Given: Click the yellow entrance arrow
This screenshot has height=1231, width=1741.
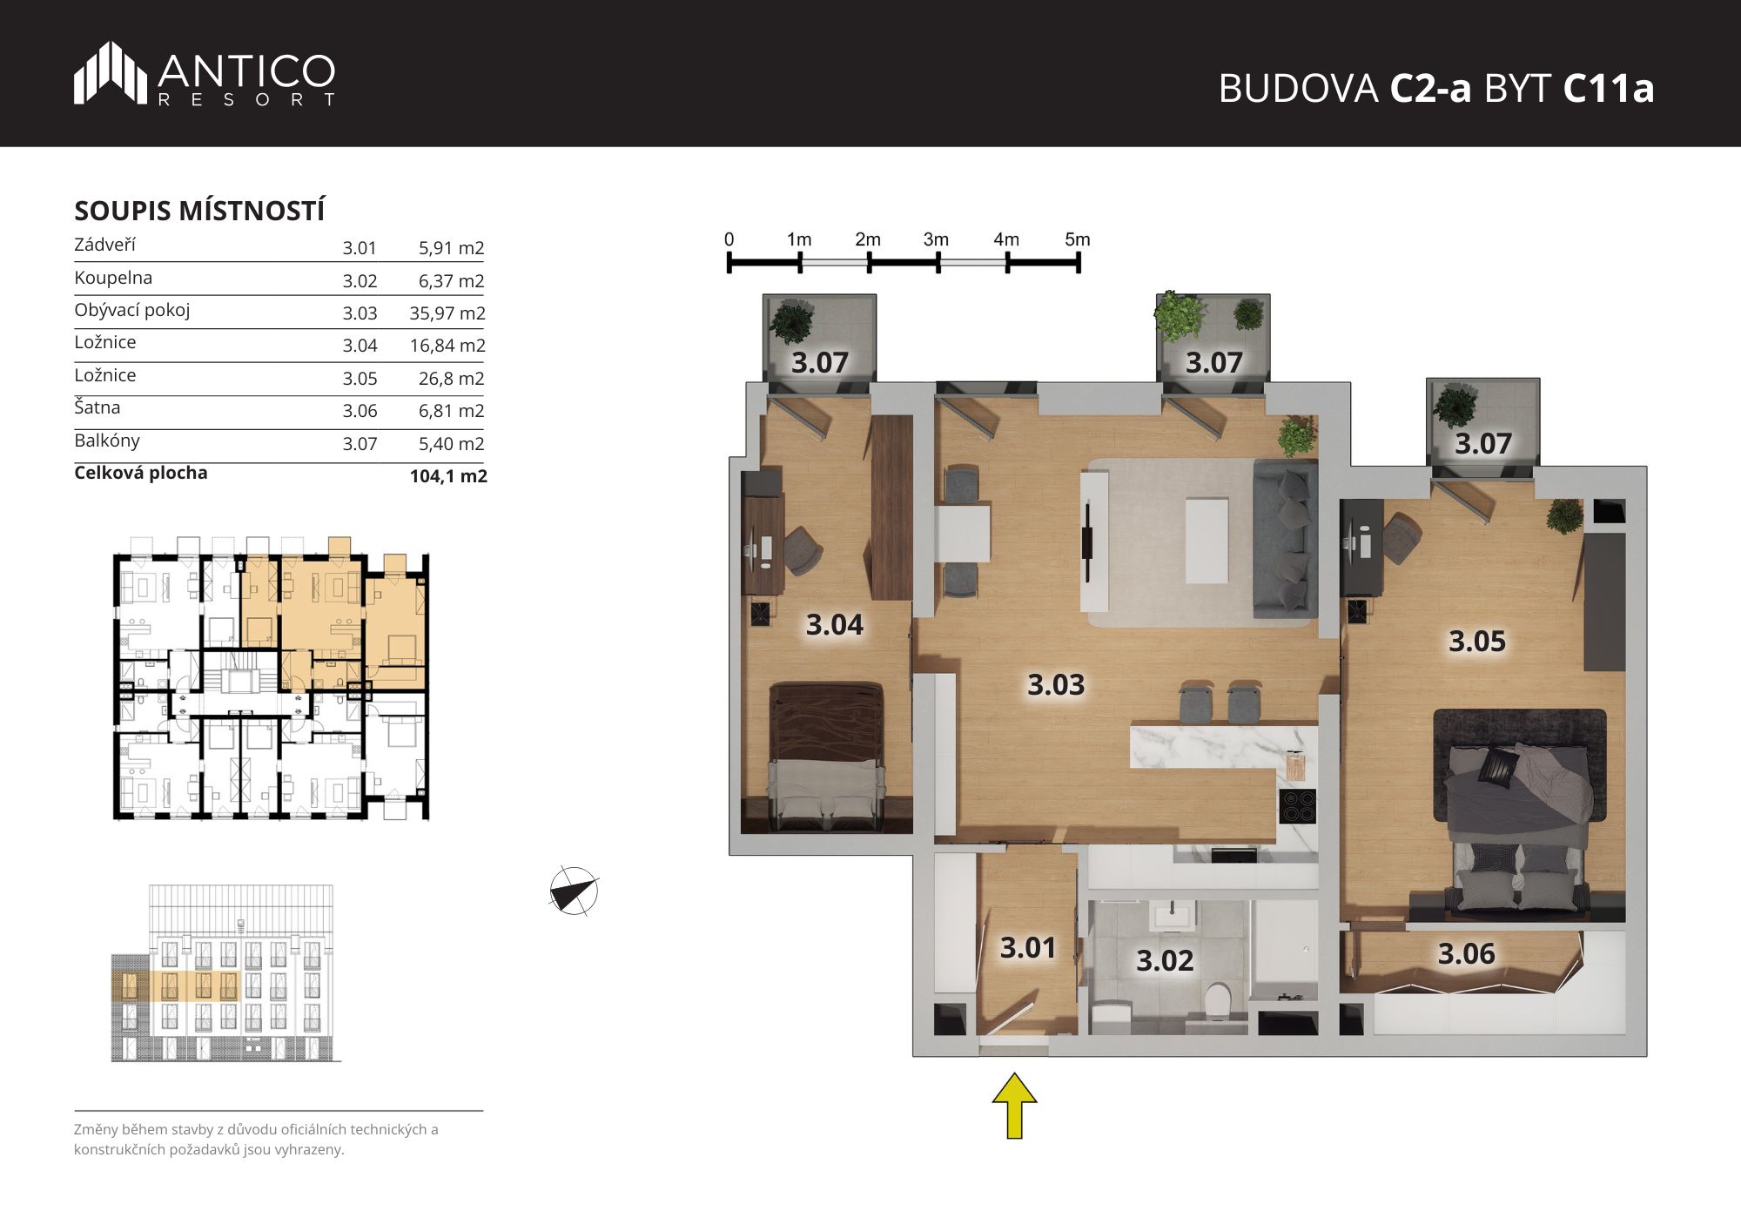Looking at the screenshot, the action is coord(1014,1106).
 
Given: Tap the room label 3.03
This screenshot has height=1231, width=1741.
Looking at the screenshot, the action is coord(1056,685).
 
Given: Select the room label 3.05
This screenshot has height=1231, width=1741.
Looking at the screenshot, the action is coord(1476,642).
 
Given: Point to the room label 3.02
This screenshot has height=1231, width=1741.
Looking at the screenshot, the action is coord(1165,961).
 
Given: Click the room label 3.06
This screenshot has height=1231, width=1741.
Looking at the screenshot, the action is coord(1466,954).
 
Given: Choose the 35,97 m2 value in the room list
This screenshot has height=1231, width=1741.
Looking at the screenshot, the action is coord(447,313).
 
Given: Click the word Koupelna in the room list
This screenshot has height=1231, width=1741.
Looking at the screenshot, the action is coord(113,278).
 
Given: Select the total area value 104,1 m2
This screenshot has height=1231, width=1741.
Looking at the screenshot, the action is coord(448,476).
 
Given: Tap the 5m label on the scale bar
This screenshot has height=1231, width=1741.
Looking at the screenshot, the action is coord(1078,239).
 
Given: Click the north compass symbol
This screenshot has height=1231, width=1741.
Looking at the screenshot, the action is coord(574,891).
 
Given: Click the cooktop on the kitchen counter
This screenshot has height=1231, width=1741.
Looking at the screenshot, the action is coord(1297,805).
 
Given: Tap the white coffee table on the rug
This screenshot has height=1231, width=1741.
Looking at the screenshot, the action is coord(1207,541).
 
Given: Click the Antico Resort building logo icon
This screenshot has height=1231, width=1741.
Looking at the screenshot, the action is coord(111,73).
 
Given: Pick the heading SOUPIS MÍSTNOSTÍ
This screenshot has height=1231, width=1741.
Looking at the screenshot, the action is coord(199,212).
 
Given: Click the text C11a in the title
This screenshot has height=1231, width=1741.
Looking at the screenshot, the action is coord(1609,88).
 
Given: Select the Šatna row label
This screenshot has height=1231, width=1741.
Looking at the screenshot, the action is coord(97,407).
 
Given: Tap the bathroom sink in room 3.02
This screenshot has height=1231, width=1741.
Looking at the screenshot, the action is coord(1172,917).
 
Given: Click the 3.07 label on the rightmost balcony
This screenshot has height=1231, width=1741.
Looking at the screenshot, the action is coord(1483,444).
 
